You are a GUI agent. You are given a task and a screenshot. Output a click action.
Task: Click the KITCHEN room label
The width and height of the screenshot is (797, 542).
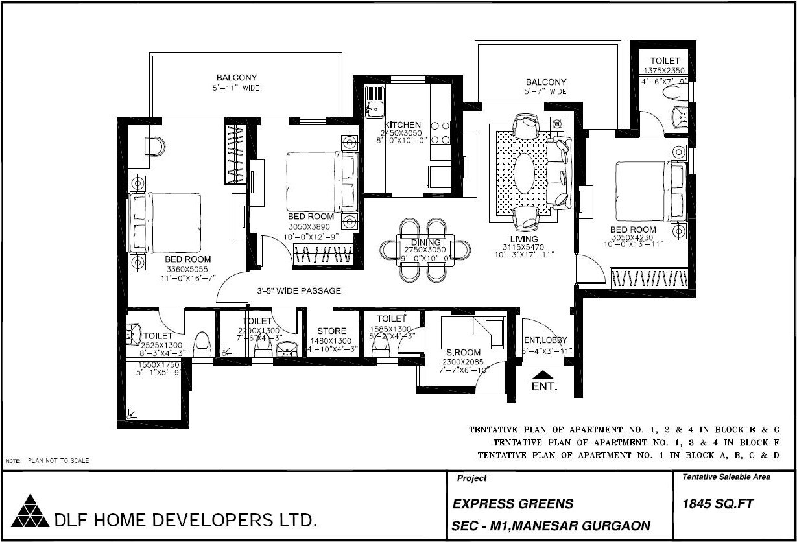pyautogui.click(x=402, y=125)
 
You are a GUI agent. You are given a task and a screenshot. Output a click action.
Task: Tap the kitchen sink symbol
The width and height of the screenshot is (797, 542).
pyautogui.click(x=374, y=103)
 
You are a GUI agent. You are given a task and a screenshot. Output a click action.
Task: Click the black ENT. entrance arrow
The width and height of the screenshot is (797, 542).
pyautogui.click(x=543, y=374)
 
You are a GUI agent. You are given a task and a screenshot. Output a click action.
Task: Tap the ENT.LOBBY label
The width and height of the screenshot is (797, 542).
pyautogui.click(x=546, y=340)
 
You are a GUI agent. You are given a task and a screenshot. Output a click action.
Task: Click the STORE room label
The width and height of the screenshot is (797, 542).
pyautogui.click(x=331, y=331)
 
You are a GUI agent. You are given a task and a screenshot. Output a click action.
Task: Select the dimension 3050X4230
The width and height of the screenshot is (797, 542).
pyautogui.click(x=633, y=237)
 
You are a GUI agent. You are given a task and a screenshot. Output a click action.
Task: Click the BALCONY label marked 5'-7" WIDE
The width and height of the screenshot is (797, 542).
pyautogui.click(x=545, y=82)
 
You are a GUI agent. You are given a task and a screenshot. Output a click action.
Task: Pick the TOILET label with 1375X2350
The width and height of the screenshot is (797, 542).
pyautogui.click(x=665, y=61)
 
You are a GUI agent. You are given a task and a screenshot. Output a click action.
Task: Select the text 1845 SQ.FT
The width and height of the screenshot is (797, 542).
pyautogui.click(x=717, y=504)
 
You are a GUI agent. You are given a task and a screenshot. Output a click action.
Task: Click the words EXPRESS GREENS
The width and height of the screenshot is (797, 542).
pyautogui.click(x=512, y=504)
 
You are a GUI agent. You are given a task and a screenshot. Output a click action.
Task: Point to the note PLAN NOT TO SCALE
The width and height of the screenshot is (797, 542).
pyautogui.click(x=58, y=461)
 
